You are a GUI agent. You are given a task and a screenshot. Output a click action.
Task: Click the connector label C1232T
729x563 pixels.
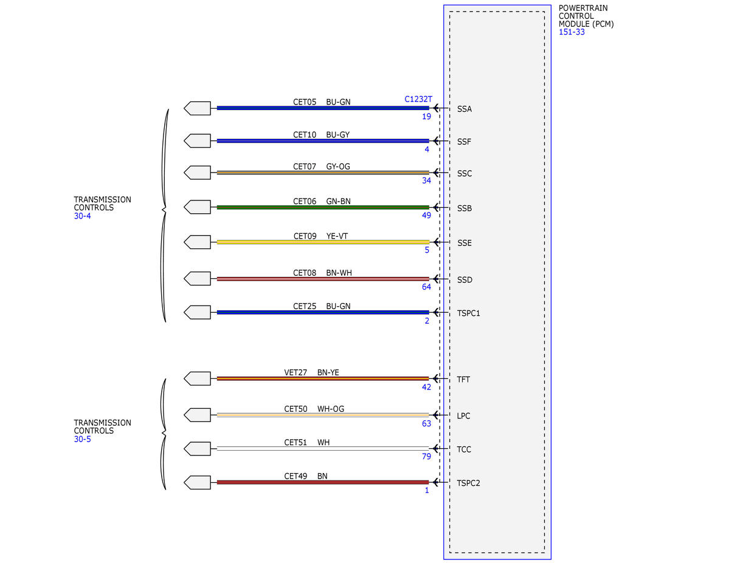418,99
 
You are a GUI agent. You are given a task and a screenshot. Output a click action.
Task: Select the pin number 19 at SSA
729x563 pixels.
426,117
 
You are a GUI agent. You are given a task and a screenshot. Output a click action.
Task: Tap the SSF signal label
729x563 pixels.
464,142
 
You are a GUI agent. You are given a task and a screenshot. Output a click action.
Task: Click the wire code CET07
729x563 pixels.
305,166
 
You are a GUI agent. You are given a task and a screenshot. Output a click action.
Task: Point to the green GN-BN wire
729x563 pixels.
323,207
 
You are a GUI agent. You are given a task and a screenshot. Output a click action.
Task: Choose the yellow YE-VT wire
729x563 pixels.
323,242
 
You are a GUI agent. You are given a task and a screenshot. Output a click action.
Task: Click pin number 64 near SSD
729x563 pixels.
426,287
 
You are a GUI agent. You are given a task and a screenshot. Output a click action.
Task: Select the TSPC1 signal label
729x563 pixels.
468,313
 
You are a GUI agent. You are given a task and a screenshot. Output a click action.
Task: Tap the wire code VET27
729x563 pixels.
295,372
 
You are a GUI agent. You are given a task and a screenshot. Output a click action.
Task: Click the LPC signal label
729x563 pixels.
463,416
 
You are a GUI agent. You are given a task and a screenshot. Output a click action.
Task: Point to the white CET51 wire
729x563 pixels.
323,449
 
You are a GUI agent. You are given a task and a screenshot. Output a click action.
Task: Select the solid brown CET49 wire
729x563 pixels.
323,482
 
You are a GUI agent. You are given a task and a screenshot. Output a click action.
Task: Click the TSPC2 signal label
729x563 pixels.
468,483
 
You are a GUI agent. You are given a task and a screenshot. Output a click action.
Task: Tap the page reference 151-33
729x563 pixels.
572,32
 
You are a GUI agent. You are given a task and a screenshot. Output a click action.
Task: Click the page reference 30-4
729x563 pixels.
82,216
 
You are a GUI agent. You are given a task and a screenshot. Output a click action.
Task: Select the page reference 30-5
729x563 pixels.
82,439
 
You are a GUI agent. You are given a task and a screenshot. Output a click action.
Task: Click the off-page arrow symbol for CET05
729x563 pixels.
197,108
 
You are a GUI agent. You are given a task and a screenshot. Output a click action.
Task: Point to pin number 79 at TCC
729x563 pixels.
426,457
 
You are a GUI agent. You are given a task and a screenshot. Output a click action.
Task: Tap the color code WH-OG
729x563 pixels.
331,409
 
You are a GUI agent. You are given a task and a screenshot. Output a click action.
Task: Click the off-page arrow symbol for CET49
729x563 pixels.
197,482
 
